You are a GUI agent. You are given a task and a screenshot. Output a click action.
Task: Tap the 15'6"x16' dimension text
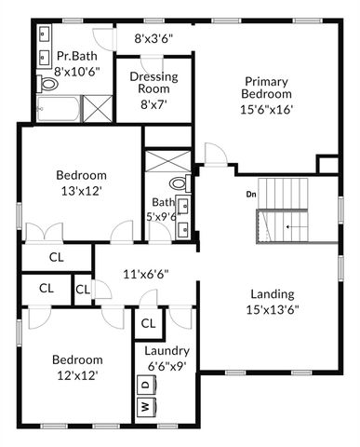pos(268,108)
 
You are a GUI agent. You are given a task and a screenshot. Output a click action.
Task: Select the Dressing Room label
pos(153,83)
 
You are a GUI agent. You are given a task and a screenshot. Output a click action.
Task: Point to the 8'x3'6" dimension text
pos(153,39)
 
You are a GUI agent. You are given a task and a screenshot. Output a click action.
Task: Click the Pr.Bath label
pos(77,56)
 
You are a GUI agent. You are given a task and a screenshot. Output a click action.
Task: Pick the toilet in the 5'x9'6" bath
pos(180,183)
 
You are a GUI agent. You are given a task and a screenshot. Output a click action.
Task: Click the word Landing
pos(273,294)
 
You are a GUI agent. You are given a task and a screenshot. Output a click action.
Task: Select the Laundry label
pos(167,351)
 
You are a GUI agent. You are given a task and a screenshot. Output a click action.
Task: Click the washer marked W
pos(145,407)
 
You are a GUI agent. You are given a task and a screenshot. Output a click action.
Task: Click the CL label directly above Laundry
pos(147,323)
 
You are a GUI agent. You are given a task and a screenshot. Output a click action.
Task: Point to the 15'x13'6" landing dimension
pos(273,310)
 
